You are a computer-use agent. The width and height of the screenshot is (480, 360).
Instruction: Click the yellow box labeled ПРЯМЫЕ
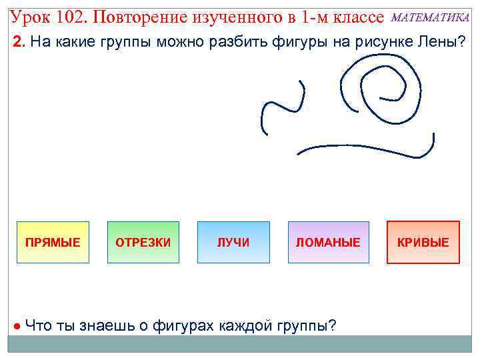53,243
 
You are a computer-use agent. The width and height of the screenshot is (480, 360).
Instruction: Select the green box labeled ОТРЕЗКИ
143,243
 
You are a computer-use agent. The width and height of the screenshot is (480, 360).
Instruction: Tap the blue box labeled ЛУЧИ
233,243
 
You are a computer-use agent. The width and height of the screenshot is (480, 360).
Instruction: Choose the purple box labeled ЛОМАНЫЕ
328,243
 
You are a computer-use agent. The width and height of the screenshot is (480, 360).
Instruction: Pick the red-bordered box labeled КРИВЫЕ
423,243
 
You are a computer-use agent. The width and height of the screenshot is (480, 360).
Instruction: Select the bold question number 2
19,43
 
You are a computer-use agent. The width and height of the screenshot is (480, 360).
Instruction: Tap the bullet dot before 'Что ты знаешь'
17,326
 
